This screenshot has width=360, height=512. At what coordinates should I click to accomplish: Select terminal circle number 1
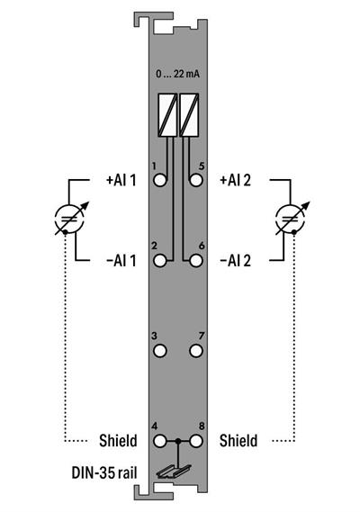click(x=161, y=180)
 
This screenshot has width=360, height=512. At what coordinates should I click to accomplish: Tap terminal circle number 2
click(x=161, y=260)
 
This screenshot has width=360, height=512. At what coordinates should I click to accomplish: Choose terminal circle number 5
click(x=195, y=180)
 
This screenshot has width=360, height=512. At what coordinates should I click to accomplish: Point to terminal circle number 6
click(x=195, y=260)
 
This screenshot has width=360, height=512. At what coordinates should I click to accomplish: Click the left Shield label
click(x=117, y=441)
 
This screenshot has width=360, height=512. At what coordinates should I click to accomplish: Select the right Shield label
click(x=238, y=441)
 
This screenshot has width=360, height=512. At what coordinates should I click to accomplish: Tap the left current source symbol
click(x=67, y=220)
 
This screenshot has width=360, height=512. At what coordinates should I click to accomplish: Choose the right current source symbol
click(x=290, y=220)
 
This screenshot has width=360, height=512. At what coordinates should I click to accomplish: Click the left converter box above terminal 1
click(x=167, y=112)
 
